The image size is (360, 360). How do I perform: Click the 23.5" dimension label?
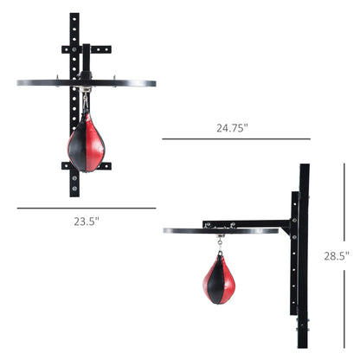(87, 221)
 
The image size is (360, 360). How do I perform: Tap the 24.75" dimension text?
(233, 127)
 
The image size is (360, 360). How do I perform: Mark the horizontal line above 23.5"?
(87, 208)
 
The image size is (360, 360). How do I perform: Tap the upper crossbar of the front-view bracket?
(87, 48)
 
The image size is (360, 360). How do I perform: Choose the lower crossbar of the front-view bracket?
(87, 165)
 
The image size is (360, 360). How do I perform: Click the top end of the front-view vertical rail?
(74, 17)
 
